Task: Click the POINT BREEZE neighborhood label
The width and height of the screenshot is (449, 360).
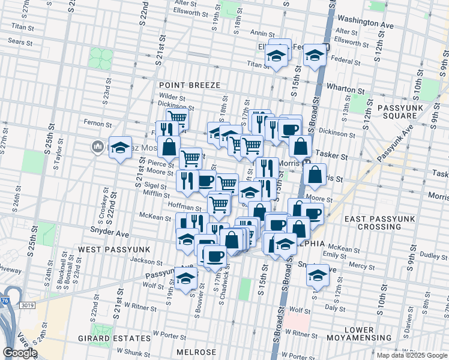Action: [x=189, y=85]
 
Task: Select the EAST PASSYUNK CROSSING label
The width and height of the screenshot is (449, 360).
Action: [x=381, y=223]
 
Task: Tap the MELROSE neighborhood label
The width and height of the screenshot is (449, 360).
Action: [x=196, y=352]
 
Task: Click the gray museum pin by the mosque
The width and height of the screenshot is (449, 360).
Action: [x=97, y=146]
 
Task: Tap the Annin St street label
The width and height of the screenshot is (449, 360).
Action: [x=262, y=34]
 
